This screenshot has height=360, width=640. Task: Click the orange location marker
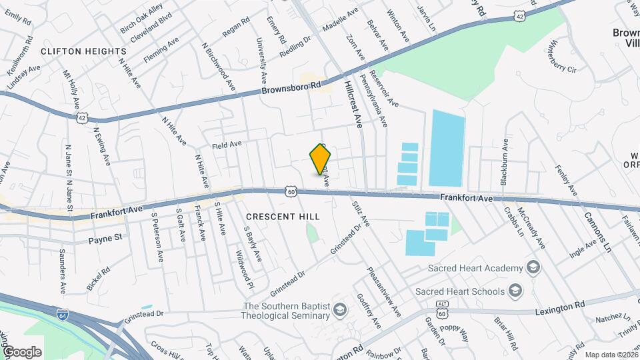click(x=321, y=159)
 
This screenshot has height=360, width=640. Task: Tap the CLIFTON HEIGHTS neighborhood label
click(x=83, y=51)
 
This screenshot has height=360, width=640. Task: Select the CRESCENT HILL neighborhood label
click(x=283, y=217)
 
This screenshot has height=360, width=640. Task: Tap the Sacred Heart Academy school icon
click(x=533, y=268)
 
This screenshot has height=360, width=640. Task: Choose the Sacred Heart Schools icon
click(x=515, y=291)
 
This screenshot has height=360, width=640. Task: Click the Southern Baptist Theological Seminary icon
click(x=340, y=309)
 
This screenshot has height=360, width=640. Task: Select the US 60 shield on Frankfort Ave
click(x=291, y=191)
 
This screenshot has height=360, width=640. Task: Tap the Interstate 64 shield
click(x=62, y=313)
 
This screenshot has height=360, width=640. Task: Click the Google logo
click(x=22, y=351)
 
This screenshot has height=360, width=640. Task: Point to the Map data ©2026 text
click(x=610, y=354)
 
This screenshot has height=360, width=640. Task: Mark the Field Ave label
click(x=225, y=144)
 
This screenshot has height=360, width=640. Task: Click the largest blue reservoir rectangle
click(x=447, y=148)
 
